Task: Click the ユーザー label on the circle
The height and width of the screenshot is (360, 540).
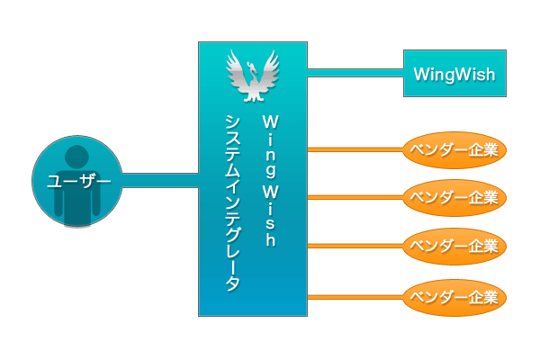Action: (x=77, y=182)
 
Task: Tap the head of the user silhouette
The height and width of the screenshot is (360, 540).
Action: (x=77, y=157)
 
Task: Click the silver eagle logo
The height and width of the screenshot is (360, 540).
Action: (x=253, y=77)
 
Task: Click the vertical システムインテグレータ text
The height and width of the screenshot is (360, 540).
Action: (x=232, y=202)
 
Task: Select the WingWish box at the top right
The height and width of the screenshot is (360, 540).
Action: (x=454, y=73)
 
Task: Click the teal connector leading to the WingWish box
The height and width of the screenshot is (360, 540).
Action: (x=355, y=73)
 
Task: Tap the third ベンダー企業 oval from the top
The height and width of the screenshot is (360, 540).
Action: (x=454, y=245)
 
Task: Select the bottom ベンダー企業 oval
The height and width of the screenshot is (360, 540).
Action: (x=454, y=294)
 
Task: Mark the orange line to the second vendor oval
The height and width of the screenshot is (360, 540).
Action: (x=355, y=197)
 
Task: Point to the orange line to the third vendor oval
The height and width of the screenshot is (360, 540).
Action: (x=355, y=245)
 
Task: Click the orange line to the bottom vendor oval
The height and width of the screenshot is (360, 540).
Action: (x=355, y=294)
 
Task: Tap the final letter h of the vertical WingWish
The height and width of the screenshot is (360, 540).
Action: (x=269, y=241)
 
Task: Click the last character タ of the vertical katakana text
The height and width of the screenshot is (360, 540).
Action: (x=232, y=283)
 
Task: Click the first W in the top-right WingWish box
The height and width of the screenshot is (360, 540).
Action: (x=420, y=74)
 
